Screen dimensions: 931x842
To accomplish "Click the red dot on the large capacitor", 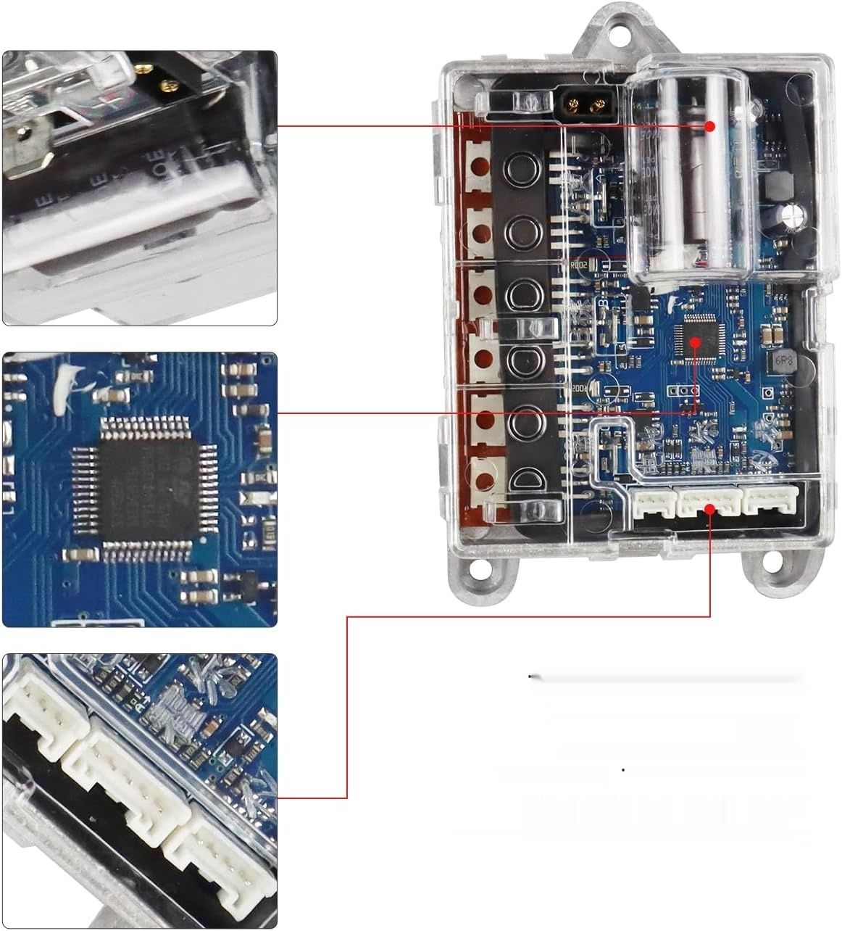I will point(710,126).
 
